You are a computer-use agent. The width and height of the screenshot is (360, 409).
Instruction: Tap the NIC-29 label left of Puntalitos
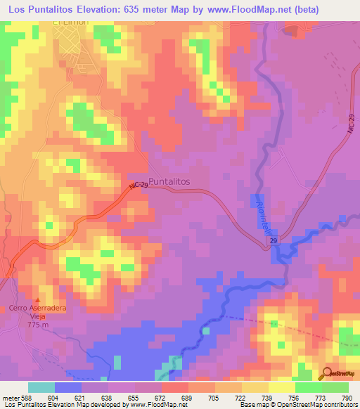[x=138, y=186]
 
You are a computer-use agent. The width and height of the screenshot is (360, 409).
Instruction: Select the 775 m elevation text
[x=39, y=325]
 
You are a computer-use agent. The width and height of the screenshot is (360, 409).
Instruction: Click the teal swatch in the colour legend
[x=41, y=387]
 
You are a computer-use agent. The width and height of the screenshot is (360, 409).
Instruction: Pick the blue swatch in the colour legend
[x=68, y=387]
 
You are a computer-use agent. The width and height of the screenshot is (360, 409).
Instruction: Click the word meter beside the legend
[x=9, y=397]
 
